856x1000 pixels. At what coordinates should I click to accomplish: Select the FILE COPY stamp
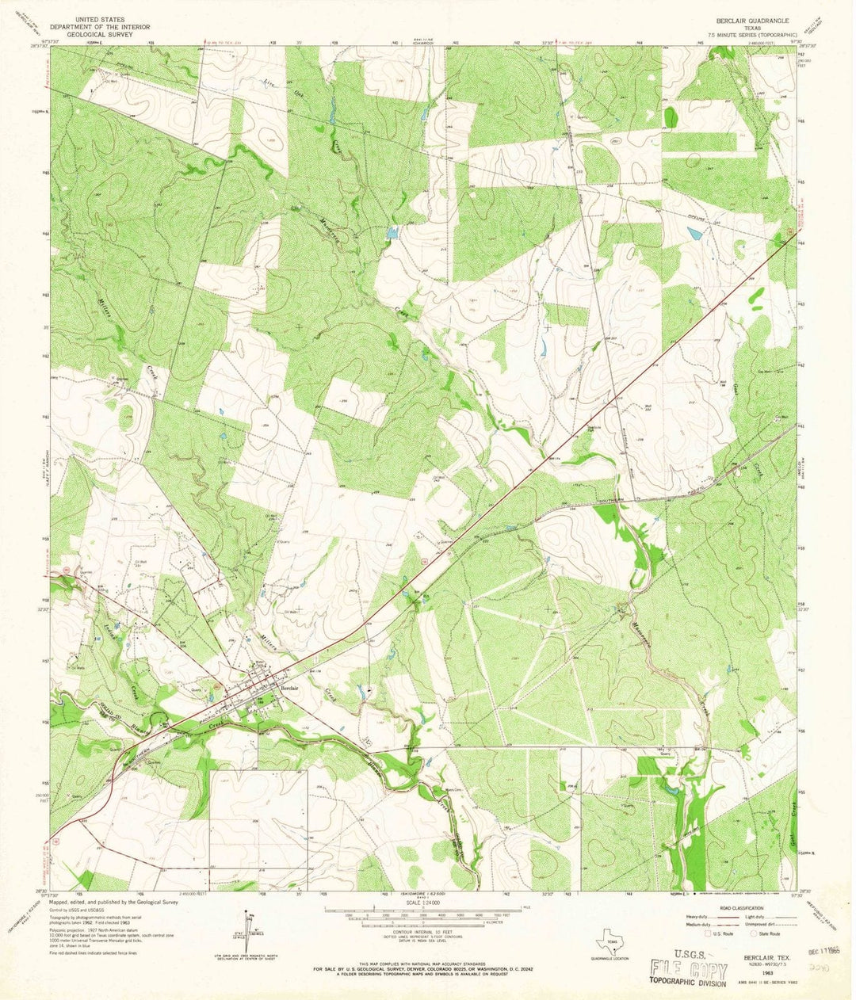(689, 968)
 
